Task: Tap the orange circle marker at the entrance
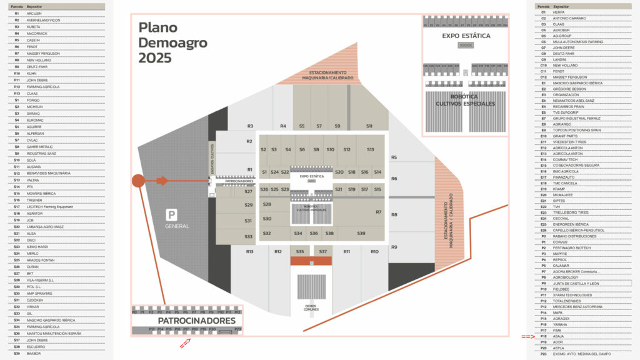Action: coord(138,181)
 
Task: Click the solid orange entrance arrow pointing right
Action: coord(161,181)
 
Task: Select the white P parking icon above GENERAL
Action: coord(170,215)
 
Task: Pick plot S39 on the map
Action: coord(361,233)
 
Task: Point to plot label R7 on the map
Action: coord(378,212)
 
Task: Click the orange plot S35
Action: coord(300,251)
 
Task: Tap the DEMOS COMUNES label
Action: coord(311,308)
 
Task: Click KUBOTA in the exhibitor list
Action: coord(34,27)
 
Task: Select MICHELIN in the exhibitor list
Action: coord(35,107)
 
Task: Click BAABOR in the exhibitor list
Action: coord(34,354)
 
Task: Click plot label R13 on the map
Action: coord(250,251)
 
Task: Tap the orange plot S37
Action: coord(322,251)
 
